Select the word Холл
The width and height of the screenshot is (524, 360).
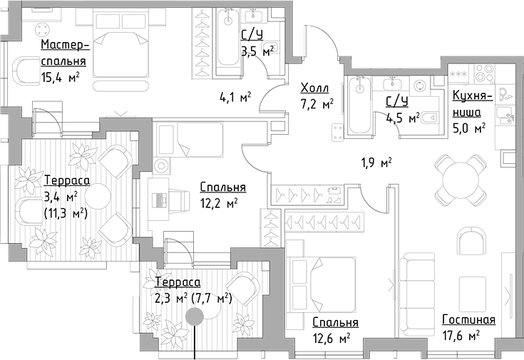[314, 88]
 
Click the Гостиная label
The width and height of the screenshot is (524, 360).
[468, 319]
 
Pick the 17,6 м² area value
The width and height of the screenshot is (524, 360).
[459, 335]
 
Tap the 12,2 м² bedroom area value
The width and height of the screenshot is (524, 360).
[218, 203]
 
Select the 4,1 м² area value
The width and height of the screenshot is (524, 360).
[235, 98]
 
